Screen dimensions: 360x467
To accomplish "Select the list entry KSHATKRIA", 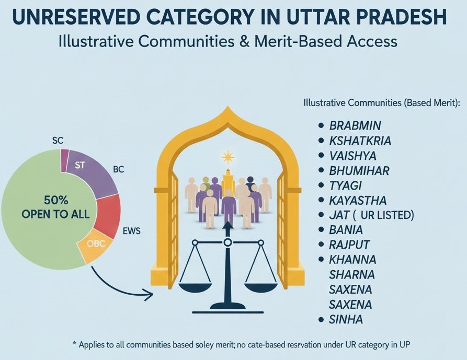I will pyautogui.click(x=360, y=141).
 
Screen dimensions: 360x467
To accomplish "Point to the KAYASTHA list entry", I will pyautogui.click(x=358, y=200).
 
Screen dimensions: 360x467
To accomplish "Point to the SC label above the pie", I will pyautogui.click(x=59, y=140).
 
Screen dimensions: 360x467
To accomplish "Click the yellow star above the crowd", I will pyautogui.click(x=227, y=156).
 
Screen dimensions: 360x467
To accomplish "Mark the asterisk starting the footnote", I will pyautogui.click(x=74, y=344).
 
